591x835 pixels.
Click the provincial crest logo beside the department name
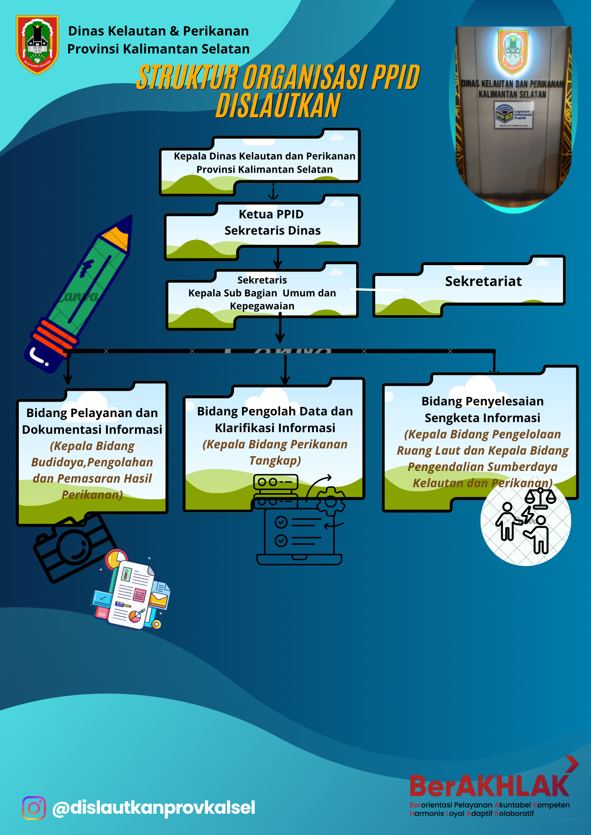(x=37, y=45)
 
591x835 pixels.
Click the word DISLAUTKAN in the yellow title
(x=278, y=106)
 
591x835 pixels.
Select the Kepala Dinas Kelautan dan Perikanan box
(x=264, y=163)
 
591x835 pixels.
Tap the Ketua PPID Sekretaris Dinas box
(x=272, y=223)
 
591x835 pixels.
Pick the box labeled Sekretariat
(x=483, y=282)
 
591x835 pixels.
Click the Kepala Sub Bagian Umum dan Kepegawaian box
(x=262, y=293)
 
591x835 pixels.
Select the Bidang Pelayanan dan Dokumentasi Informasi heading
(x=92, y=421)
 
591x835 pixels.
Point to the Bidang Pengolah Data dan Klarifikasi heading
(x=275, y=419)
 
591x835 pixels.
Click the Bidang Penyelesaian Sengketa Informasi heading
(x=482, y=409)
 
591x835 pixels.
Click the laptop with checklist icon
(x=299, y=534)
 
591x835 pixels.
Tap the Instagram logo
(x=34, y=808)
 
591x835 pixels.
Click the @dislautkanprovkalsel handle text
(x=153, y=808)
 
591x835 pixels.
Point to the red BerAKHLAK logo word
(x=489, y=786)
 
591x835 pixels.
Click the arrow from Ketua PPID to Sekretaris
(x=278, y=258)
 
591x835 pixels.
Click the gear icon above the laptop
(x=331, y=501)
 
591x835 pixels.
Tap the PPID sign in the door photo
(x=513, y=116)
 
